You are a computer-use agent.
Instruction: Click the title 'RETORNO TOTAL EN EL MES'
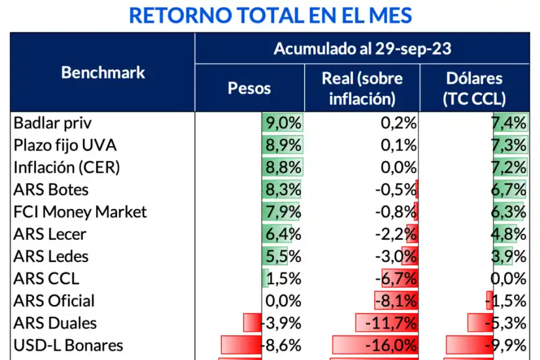tap(270, 15)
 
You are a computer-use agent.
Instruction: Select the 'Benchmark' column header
tap(103, 73)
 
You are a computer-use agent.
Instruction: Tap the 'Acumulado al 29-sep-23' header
tap(362, 49)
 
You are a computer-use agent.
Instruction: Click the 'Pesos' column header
tap(249, 88)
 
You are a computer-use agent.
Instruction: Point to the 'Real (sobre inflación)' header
tap(362, 88)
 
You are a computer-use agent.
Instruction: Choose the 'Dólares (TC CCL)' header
tap(474, 88)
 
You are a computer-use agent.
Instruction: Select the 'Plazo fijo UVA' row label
tap(65, 145)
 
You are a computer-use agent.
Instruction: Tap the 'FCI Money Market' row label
tap(80, 212)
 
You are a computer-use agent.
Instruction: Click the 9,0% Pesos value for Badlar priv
tap(283, 123)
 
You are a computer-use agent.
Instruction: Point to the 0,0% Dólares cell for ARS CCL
tap(509, 278)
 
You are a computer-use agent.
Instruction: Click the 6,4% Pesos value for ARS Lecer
tap(283, 234)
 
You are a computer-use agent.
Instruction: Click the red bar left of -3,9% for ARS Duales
tap(252, 323)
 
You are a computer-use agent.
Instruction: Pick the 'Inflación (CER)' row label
tap(67, 167)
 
